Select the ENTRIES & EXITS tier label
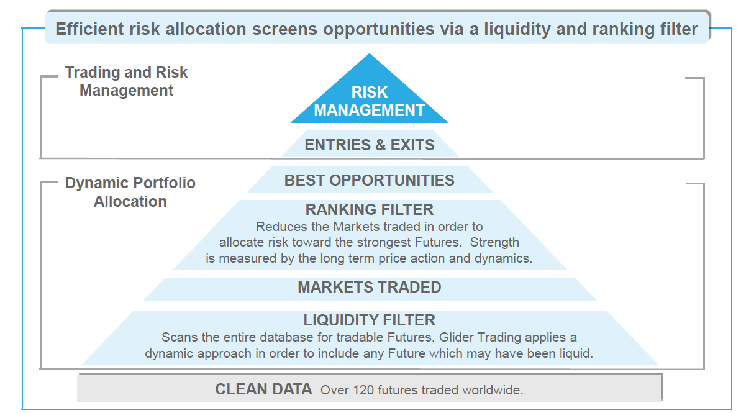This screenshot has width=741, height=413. click(369, 145)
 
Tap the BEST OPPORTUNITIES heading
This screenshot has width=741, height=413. click(369, 180)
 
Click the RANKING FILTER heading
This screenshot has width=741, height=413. click(369, 209)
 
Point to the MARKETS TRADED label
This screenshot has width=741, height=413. click(369, 287)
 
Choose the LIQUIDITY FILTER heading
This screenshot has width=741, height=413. click(369, 320)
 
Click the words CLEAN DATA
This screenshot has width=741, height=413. click(263, 389)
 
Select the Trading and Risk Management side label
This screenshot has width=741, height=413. click(126, 81)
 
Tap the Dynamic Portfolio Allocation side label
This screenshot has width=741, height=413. click(130, 192)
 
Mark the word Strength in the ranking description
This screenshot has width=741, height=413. click(494, 242)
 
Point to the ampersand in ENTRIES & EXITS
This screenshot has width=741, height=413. click(380, 145)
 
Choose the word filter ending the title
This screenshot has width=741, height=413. click(679, 29)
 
